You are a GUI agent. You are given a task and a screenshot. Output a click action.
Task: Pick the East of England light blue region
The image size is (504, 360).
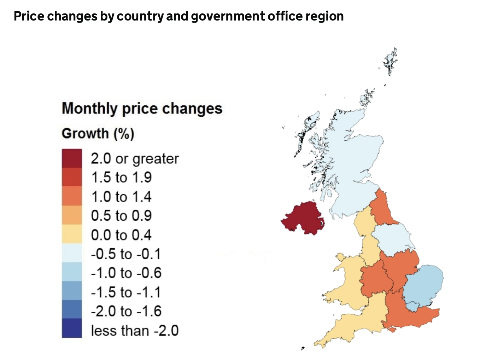[x=424, y=283]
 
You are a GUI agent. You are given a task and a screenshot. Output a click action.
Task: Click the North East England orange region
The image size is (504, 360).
[x=383, y=209]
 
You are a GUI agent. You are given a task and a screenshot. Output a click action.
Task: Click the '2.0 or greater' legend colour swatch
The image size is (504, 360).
[x=72, y=158]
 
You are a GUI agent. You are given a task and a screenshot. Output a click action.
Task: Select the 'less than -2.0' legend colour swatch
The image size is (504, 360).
[x=72, y=328]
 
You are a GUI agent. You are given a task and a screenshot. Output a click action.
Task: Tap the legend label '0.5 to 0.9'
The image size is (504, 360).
[x=121, y=215]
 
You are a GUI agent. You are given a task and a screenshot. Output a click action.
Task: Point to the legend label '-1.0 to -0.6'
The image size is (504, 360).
[x=126, y=273]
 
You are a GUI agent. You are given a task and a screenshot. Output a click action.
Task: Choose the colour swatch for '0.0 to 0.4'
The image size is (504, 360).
[x=72, y=234]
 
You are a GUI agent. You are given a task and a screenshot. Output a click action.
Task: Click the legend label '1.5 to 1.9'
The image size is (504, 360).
[x=121, y=177]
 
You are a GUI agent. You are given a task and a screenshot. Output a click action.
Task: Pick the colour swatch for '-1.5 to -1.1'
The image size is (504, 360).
[x=72, y=291]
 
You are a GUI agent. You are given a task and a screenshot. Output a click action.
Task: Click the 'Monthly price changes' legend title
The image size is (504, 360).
[x=142, y=108]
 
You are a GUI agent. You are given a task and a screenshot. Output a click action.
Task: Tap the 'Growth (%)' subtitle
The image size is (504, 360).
[x=98, y=133]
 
